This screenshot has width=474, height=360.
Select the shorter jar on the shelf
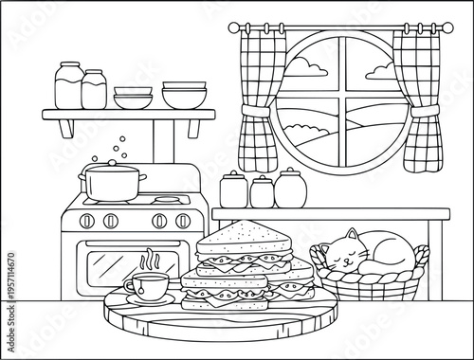coord(94,90)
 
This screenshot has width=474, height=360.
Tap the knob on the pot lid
coord(112,164)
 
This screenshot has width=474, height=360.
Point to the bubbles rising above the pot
coord(118,148)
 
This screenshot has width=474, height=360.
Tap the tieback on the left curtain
coord(255,114)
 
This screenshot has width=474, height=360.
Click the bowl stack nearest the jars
coord(133,97)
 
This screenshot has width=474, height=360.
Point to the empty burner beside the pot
coord(168,200)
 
